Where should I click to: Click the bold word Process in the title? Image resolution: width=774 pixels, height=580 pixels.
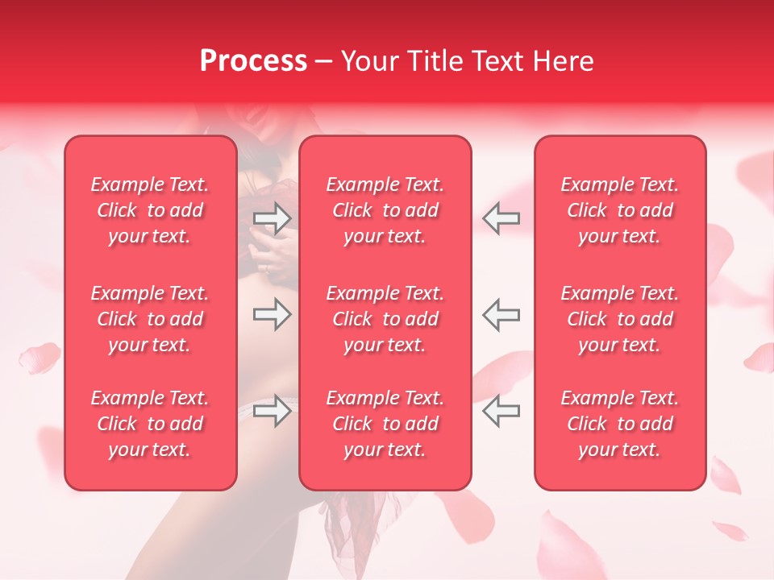pos(253,61)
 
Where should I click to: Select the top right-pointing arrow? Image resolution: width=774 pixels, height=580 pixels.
pos(272,217)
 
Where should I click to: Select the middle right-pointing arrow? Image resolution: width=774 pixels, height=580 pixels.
pos(272,314)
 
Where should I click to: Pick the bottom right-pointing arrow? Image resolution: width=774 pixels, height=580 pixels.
pos(272,411)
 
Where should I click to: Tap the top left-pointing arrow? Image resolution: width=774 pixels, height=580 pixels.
pos(501,217)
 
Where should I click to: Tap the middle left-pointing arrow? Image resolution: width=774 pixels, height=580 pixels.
pos(501,314)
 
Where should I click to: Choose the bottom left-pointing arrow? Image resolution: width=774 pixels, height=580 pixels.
pos(501,411)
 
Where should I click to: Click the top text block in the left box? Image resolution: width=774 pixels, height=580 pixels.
pos(150,210)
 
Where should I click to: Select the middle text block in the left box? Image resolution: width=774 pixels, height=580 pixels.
pos(150,319)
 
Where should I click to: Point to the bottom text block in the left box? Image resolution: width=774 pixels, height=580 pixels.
pos(150,424)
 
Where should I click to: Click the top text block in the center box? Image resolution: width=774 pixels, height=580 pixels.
pos(385,210)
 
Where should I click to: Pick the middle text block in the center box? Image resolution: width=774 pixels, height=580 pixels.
pos(385,319)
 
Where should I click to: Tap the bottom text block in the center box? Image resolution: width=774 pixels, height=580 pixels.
pos(385,424)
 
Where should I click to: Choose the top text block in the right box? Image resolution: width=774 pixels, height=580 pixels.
pos(620,210)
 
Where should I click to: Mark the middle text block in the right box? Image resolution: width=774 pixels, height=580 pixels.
pos(620,319)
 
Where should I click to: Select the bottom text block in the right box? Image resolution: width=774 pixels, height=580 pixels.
pos(620,424)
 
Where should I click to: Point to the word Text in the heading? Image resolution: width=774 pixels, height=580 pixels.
pos(497,61)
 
